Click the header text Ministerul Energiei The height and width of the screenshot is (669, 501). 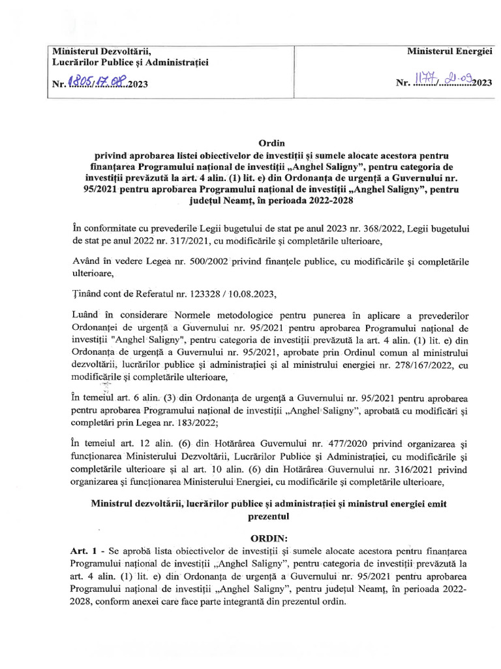(x=449, y=51)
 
